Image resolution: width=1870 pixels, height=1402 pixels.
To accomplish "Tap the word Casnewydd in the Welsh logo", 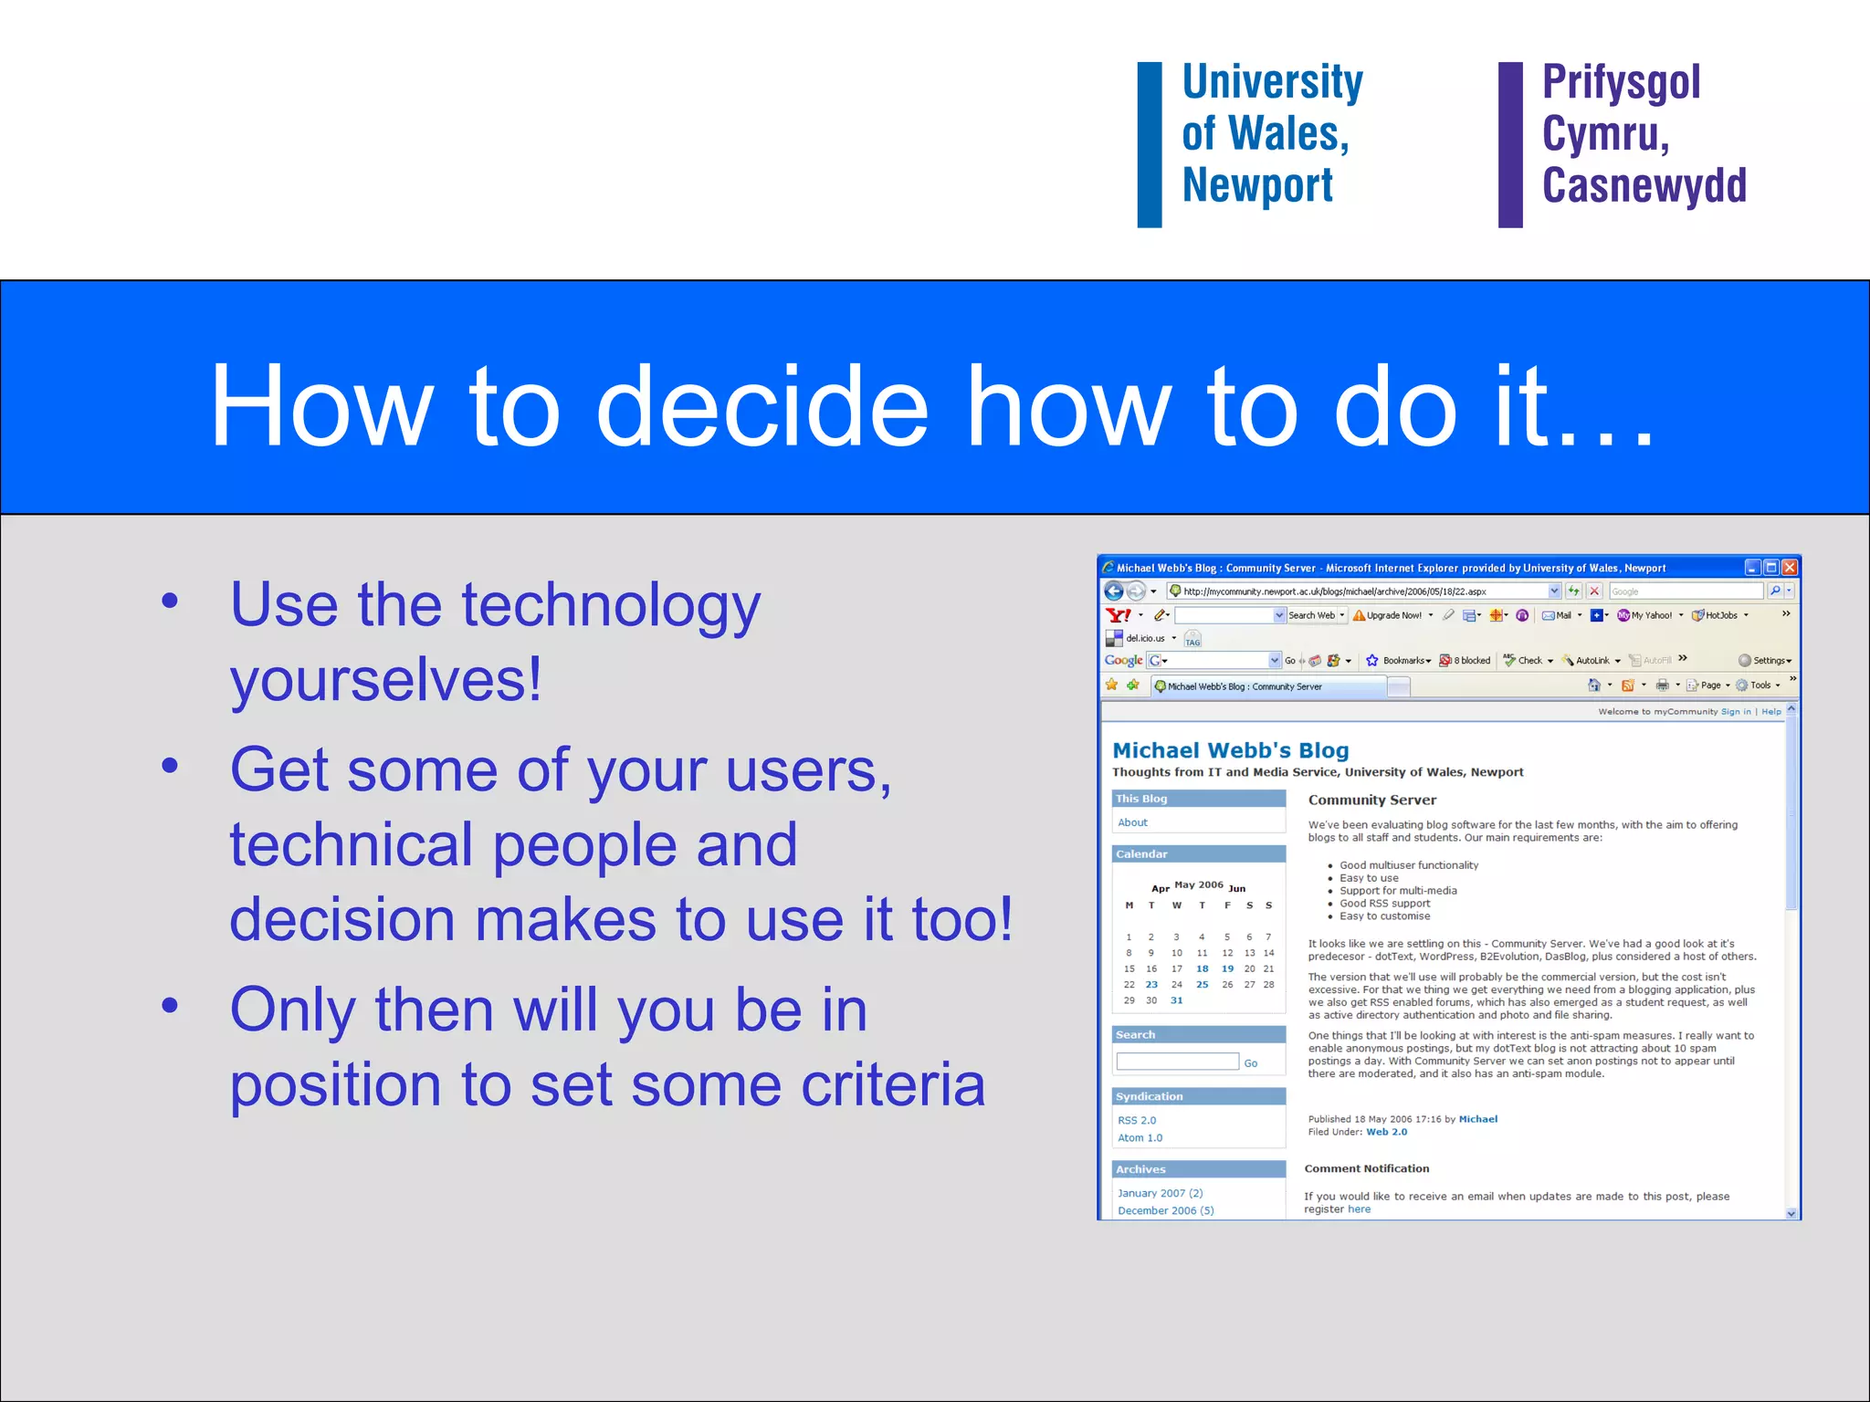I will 1644,187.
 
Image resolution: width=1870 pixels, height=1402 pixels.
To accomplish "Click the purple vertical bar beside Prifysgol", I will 1510,144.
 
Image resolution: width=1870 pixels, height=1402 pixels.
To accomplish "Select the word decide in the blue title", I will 762,407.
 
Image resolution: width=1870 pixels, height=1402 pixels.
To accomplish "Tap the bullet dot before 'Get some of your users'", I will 170,765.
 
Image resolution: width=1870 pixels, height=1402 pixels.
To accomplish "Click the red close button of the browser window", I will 1790,567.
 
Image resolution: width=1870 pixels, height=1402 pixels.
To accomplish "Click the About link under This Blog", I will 1132,822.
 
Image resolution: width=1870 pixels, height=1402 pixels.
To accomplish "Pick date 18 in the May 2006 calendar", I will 1202,969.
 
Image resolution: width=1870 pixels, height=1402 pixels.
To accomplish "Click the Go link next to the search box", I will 1250,1063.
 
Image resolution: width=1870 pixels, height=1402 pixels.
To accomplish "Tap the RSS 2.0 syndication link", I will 1136,1120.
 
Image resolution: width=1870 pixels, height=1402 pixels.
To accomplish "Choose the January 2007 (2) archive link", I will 1160,1193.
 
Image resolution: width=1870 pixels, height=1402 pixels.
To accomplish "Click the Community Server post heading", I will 1371,800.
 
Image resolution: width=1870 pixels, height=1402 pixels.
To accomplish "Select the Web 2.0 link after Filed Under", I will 1386,1132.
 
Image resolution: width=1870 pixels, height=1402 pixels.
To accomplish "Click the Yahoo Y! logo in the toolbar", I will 1118,615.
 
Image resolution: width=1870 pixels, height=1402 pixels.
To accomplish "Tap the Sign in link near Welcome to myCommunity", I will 1735,712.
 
